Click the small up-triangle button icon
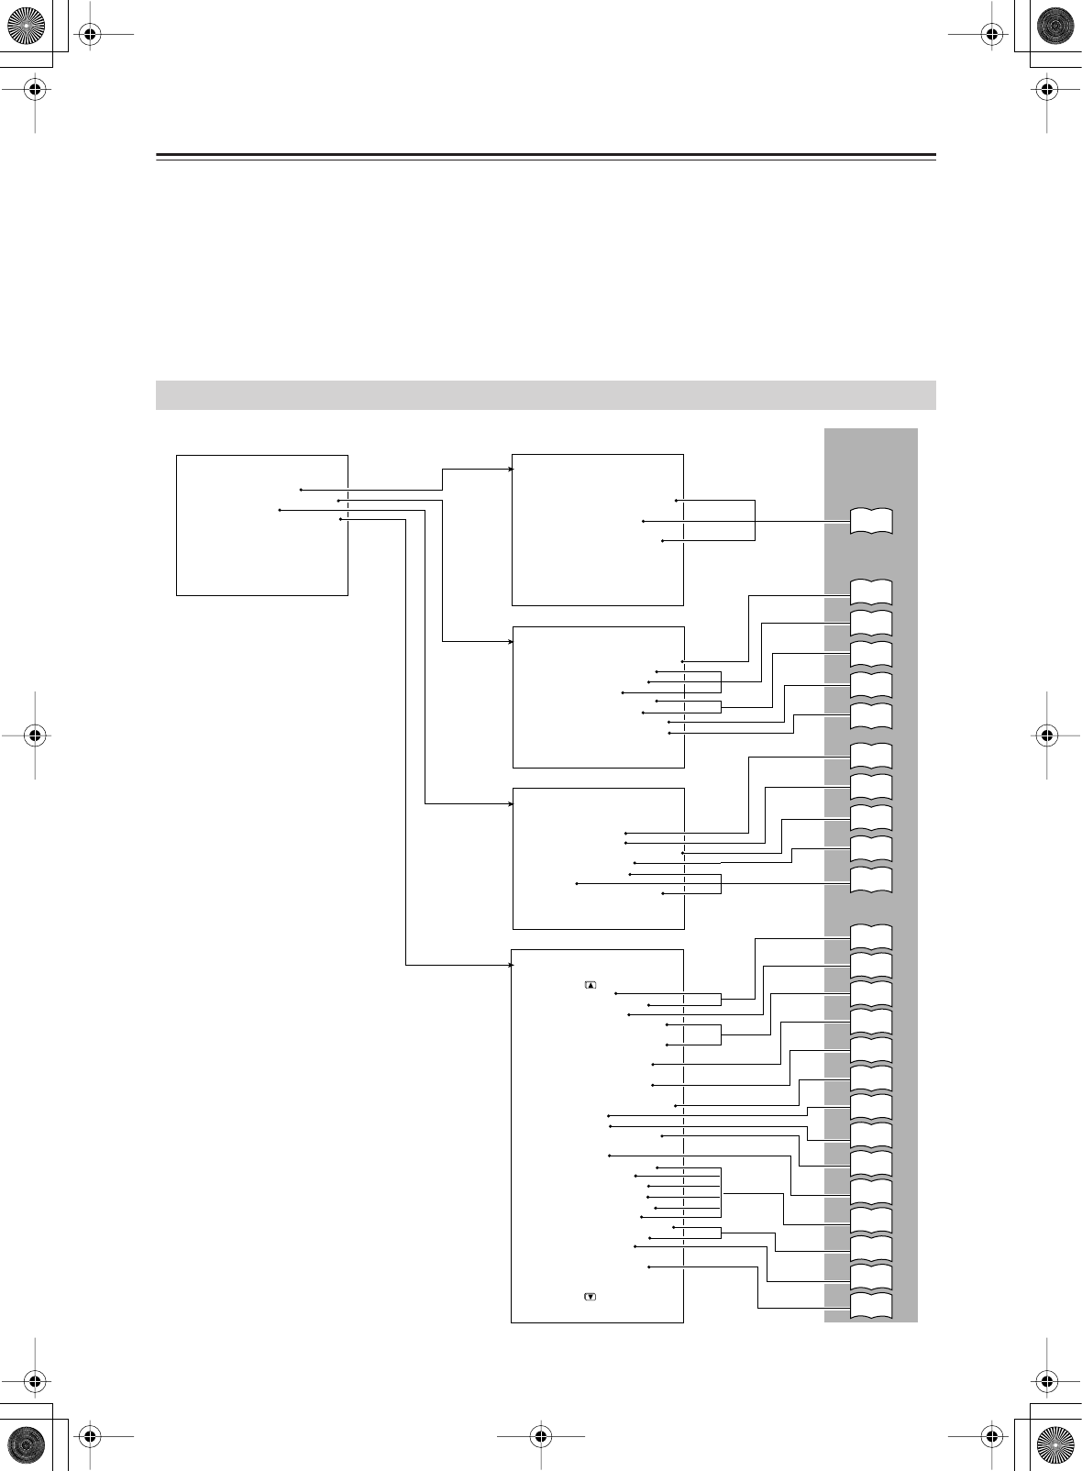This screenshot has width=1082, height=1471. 590,985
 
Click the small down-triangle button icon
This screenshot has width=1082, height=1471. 590,1297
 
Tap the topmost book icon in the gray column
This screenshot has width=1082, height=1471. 871,520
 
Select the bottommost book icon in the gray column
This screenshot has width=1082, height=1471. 871,1307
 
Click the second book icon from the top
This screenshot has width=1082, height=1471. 871,592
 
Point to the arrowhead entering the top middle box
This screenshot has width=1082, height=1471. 512,470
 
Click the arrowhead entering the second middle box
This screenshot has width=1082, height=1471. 512,641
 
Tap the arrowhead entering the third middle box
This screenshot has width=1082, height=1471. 512,804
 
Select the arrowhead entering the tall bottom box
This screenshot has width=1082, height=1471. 510,965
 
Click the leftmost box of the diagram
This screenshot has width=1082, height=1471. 261,525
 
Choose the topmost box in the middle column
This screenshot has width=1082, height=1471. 597,529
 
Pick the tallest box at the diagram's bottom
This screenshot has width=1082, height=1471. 597,1135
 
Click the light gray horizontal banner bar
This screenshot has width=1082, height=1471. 546,394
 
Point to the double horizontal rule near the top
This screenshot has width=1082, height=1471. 546,157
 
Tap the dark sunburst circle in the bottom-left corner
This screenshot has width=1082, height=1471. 27,1443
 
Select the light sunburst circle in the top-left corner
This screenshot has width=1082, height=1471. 27,27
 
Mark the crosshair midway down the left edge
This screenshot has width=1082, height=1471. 34,735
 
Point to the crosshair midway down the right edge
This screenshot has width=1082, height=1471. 1046,735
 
